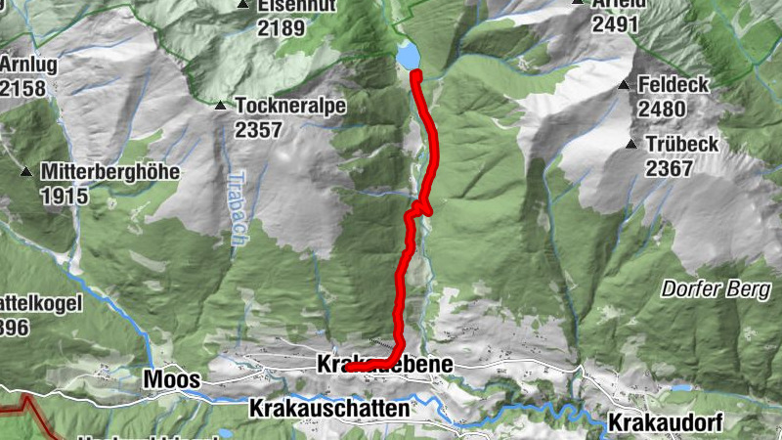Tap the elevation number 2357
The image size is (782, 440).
[x=258, y=129]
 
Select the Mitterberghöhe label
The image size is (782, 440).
[x=110, y=171]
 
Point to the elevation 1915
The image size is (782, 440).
[x=65, y=196]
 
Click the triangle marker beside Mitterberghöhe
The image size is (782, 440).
[x=25, y=172]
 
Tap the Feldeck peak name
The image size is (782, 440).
[x=673, y=85]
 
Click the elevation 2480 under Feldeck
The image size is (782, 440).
[x=661, y=109]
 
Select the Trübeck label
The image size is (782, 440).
[x=681, y=144]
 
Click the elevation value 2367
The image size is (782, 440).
[x=669, y=167]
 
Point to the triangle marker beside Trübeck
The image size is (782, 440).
[x=630, y=145]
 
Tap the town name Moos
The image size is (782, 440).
[x=172, y=378]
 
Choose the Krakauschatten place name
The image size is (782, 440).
[x=328, y=408]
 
